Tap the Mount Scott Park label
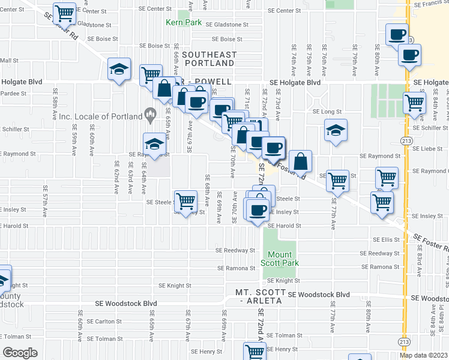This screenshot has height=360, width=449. pos(279,259)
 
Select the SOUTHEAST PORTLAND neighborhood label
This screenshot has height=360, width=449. pos(208,59)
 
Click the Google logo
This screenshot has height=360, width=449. pos(20,352)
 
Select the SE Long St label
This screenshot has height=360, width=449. pos(327,112)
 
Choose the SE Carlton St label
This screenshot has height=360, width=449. pos(104,321)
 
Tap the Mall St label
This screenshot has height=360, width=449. pos(9,61)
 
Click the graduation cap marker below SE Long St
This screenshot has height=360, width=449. pos(336,130)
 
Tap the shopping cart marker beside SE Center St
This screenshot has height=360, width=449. pos(64,13)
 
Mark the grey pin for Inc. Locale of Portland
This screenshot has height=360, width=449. pos(150,113)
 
